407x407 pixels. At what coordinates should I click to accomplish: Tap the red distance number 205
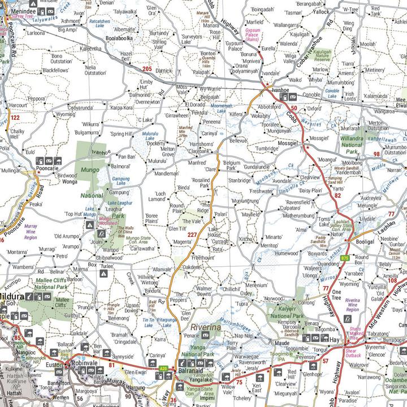point(147,69)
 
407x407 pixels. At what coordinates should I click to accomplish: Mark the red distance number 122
point(15,118)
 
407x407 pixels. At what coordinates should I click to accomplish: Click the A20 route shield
point(163,369)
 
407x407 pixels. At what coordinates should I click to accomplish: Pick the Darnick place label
point(163,71)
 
